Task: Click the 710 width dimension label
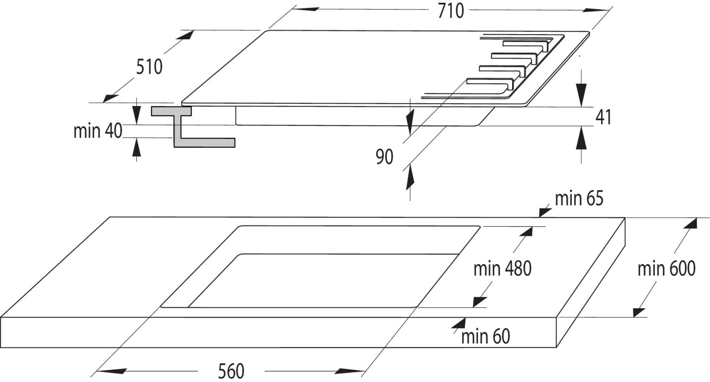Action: pyautogui.click(x=450, y=11)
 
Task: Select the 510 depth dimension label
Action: pyautogui.click(x=149, y=67)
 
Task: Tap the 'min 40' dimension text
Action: pyautogui.click(x=98, y=131)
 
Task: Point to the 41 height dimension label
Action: pyautogui.click(x=603, y=117)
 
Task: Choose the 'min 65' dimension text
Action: pyautogui.click(x=579, y=199)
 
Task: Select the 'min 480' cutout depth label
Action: pyautogui.click(x=503, y=269)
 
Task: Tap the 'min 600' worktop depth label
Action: pyautogui.click(x=666, y=269)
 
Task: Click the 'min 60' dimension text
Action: pyautogui.click(x=486, y=337)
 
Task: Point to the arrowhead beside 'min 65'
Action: pyautogui.click(x=544, y=211)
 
